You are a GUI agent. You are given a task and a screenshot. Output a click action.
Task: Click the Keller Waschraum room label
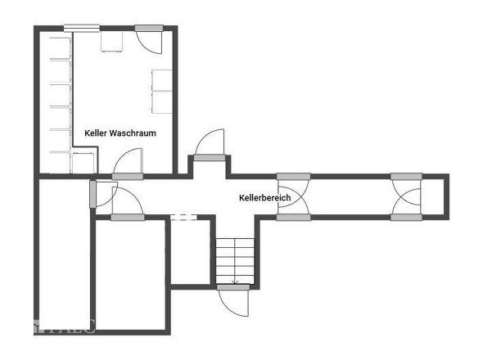click(120, 133)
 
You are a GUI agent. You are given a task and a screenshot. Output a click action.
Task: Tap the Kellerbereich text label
click(264, 198)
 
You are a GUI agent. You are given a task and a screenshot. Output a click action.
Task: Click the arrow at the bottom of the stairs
click(235, 281)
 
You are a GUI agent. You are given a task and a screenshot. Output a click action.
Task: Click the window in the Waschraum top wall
click(82, 29)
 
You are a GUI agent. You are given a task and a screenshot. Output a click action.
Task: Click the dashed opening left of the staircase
click(183, 217)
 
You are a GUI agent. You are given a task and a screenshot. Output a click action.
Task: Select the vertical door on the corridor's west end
click(93, 194)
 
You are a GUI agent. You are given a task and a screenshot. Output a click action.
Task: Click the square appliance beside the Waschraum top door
click(112, 42)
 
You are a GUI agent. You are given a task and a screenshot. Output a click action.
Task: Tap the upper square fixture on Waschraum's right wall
click(162, 80)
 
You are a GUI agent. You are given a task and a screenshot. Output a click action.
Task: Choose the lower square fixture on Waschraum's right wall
click(162, 101)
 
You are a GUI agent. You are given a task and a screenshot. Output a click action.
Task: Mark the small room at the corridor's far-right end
click(434, 196)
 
